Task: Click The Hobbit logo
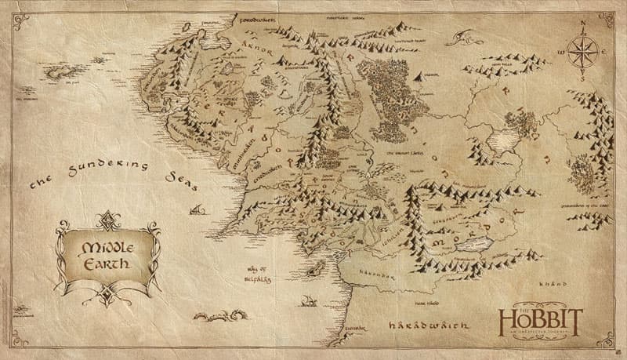[x=540, y=321]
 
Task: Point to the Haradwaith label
[x=429, y=322]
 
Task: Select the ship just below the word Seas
[x=199, y=210]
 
